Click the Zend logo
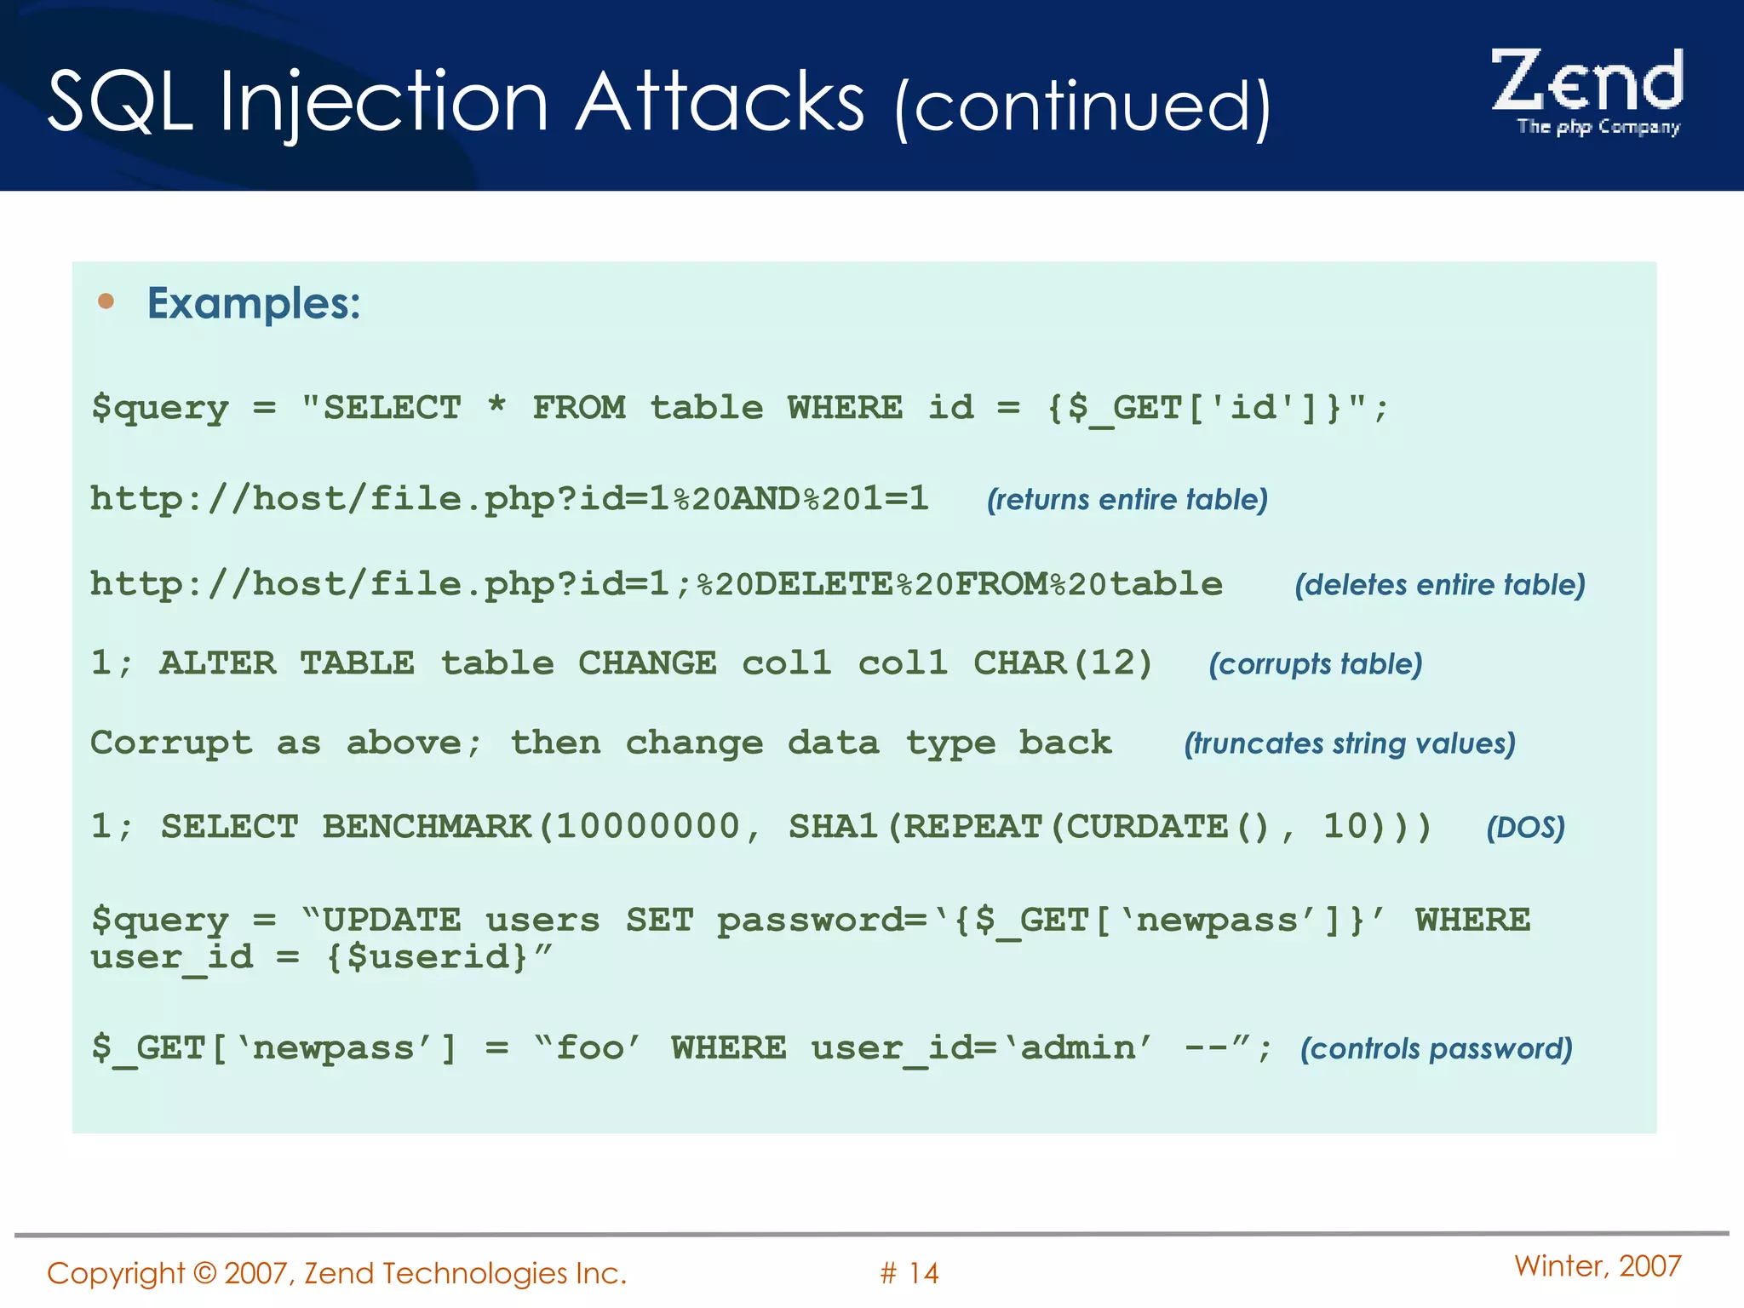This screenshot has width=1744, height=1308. coord(1587,89)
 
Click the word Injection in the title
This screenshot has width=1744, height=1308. coord(384,103)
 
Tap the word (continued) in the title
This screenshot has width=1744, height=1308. coord(1082,106)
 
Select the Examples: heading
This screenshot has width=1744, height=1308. coord(254,303)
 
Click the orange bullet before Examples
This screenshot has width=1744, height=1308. coord(106,301)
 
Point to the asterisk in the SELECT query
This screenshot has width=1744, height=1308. coord(496,404)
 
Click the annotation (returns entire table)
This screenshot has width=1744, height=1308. coord(1127,499)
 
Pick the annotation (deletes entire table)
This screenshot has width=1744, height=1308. coord(1439,585)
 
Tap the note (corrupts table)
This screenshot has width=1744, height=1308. coord(1315,664)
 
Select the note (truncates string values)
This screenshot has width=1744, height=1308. coord(1349,743)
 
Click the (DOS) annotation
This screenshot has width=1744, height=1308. coord(1525,828)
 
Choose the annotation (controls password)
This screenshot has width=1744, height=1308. coord(1436,1048)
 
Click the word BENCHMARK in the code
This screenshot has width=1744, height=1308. coord(427,827)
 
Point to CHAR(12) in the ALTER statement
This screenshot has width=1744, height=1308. coord(1063,663)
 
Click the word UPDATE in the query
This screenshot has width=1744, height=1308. coord(392,921)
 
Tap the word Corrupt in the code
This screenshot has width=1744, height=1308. coord(171,743)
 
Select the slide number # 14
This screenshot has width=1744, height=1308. coord(909,1273)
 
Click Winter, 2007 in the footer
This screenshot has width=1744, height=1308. coord(1598,1266)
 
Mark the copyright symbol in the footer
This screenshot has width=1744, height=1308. coord(204,1273)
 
